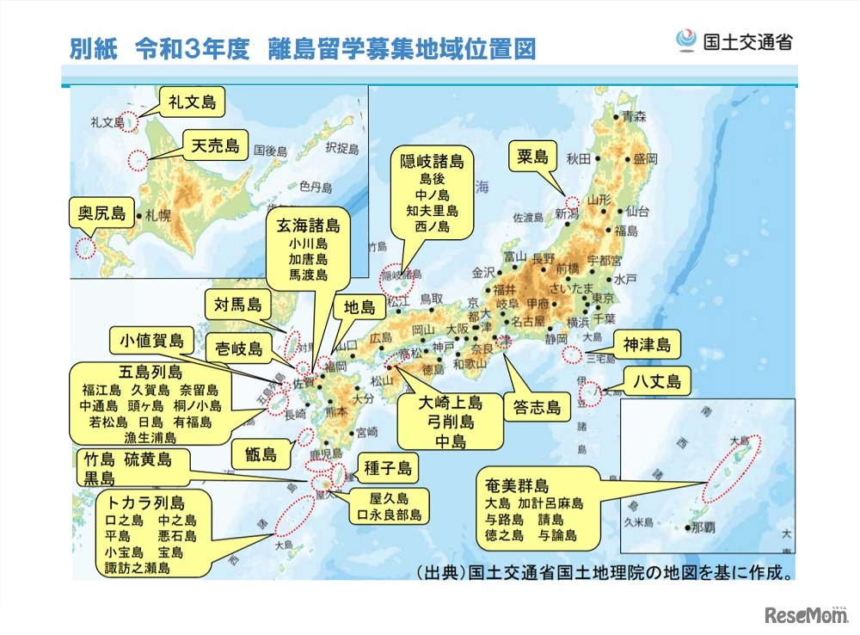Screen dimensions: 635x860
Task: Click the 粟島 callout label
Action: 533,156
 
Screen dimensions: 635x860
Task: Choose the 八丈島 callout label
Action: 657,380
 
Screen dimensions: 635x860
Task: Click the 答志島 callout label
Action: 537,407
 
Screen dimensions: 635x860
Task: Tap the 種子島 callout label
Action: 387,469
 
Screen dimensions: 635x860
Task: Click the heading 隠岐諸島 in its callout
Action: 433,162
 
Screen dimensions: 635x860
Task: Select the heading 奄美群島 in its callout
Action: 517,484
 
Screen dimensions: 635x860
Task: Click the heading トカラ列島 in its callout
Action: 146,502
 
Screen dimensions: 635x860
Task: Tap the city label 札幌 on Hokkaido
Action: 158,215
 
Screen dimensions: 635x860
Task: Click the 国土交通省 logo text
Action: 747,40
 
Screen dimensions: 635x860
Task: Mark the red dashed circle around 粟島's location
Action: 571,202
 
